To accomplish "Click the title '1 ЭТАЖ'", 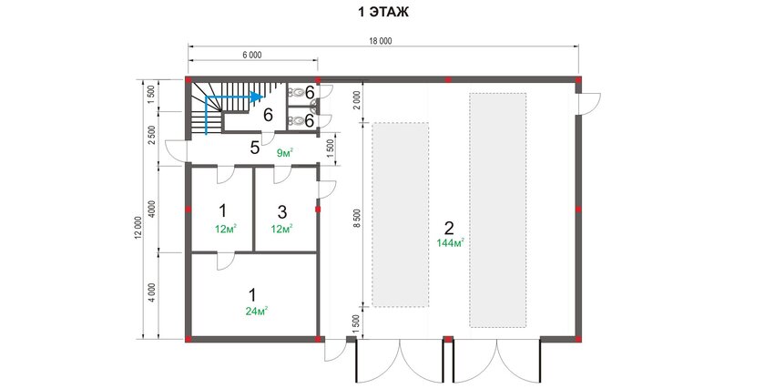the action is [x=383, y=13].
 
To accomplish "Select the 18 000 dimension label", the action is [x=380, y=42].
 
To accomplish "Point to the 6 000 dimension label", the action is [x=252, y=56].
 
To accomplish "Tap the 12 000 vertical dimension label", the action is [x=138, y=228].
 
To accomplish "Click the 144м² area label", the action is [x=450, y=243].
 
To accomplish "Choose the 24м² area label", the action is [x=257, y=311].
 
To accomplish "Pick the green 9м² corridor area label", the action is [x=285, y=153].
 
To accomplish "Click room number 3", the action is [x=281, y=212].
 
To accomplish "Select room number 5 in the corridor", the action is [x=255, y=148].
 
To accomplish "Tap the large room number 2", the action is [x=449, y=228].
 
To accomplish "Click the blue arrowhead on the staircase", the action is [x=256, y=97].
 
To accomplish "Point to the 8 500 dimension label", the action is [x=358, y=218].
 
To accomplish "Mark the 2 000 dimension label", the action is [x=358, y=102].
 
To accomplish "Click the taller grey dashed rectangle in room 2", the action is [x=498, y=210].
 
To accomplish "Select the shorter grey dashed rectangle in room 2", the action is [x=401, y=214].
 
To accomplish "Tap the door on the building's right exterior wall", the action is [x=588, y=104].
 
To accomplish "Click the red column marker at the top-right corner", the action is [x=578, y=79].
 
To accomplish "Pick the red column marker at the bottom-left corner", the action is [x=189, y=339].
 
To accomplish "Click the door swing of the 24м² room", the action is [x=224, y=261].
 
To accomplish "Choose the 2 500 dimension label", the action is [x=152, y=135].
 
